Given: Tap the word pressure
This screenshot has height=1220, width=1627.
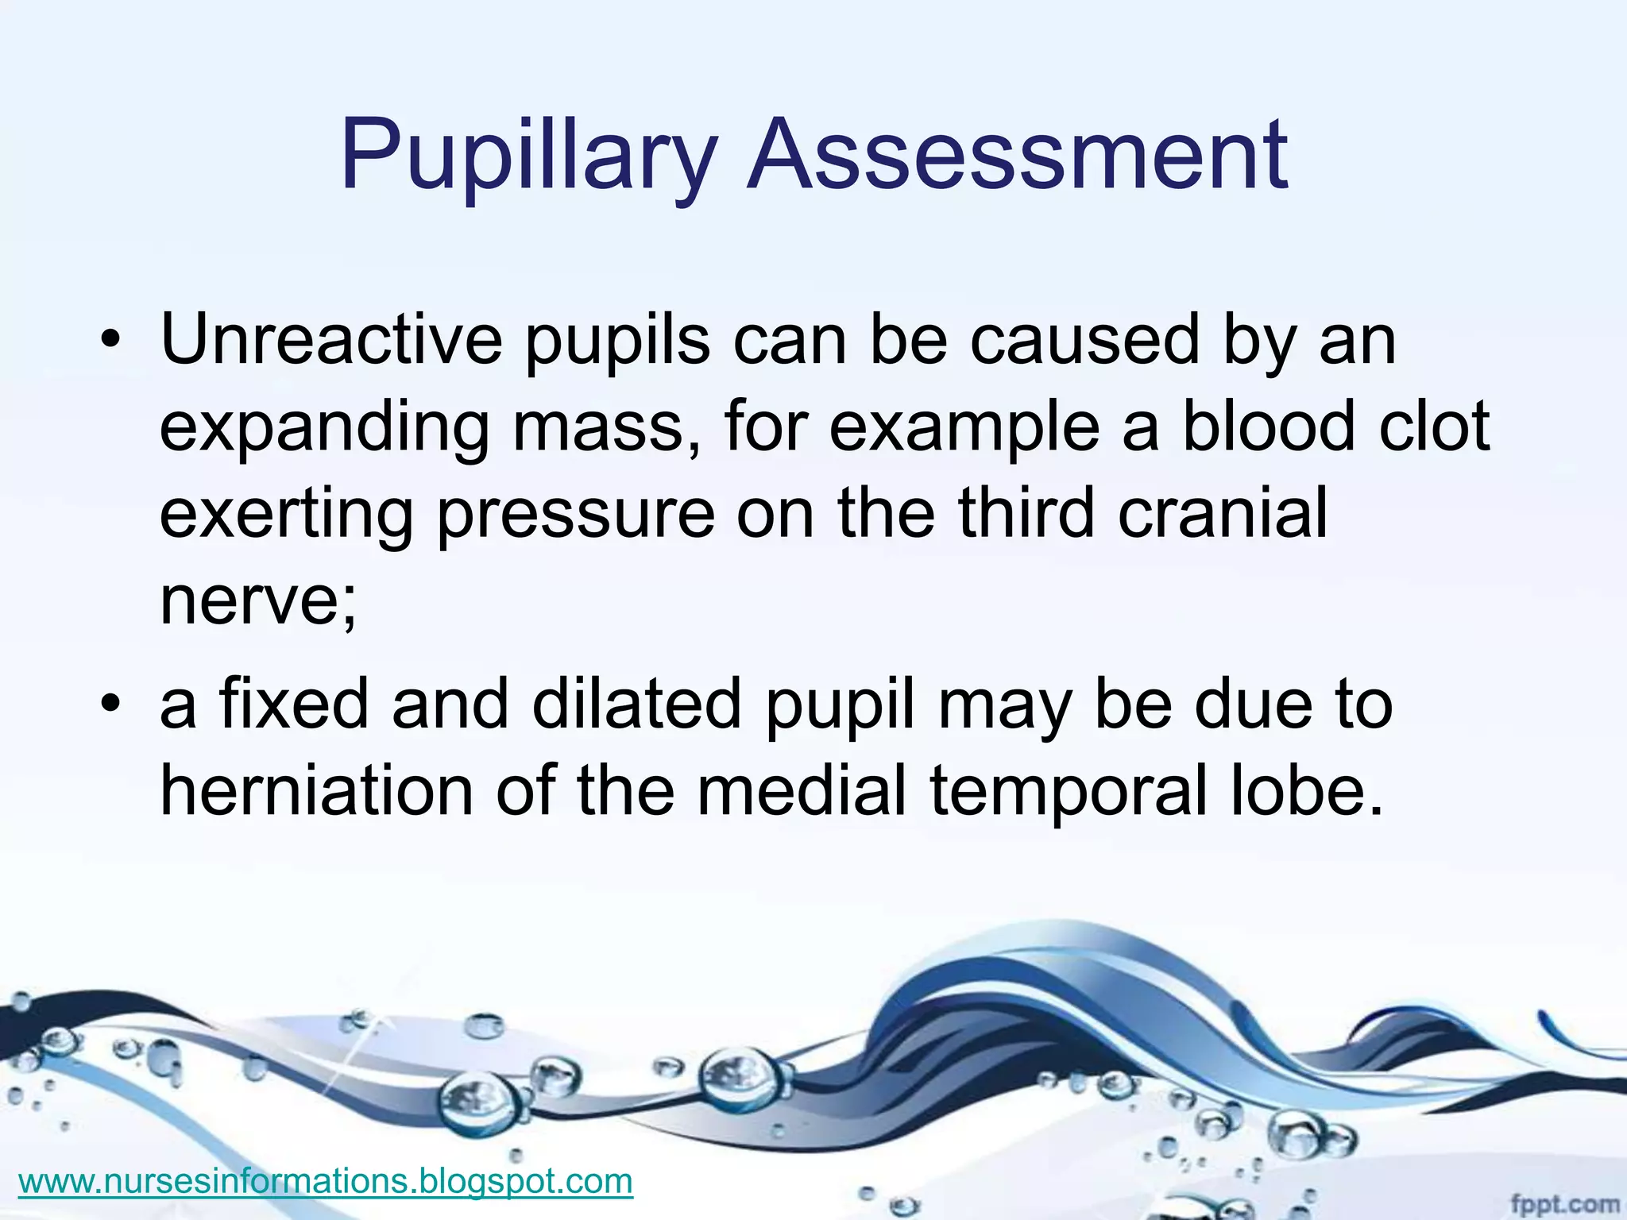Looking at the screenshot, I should [x=576, y=515].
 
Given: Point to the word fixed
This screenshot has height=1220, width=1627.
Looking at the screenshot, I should [x=294, y=703].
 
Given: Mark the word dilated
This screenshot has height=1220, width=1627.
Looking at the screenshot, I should [x=636, y=703].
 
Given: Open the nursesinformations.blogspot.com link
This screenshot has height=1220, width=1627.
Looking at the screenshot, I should [x=326, y=1180].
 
